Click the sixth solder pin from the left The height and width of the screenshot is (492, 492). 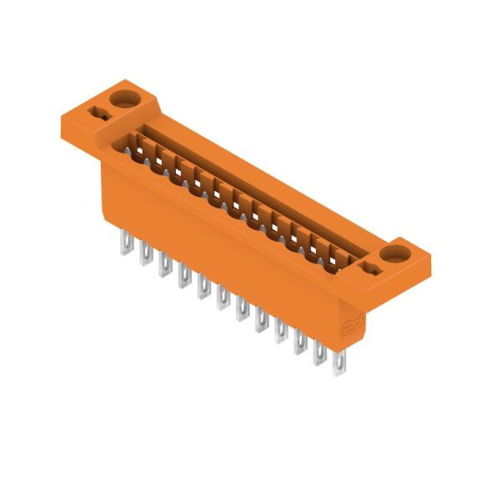(x=223, y=298)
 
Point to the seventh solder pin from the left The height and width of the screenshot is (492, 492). (x=242, y=309)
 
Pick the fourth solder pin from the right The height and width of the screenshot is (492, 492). (x=281, y=331)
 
